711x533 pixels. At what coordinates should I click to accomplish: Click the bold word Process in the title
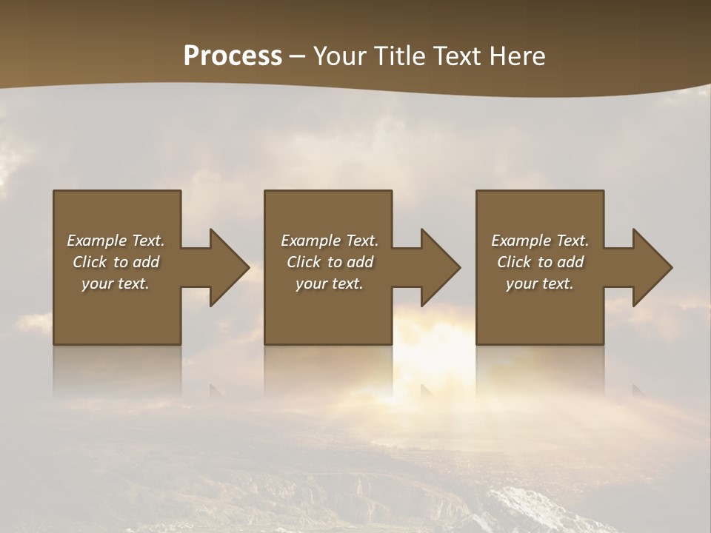233,56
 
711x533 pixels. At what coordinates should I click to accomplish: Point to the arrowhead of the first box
230,267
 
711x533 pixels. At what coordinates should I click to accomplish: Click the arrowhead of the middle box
441,267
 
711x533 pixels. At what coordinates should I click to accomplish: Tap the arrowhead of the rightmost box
652,267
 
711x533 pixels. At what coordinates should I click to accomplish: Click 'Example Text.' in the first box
116,241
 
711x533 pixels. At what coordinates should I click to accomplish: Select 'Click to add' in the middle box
330,262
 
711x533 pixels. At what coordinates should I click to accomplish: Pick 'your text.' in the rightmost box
539,284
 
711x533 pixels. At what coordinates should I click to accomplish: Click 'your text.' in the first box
116,284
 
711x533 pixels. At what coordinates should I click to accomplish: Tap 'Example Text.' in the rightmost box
539,241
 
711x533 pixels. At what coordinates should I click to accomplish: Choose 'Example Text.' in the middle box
330,241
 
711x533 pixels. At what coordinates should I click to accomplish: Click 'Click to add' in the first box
116,262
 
